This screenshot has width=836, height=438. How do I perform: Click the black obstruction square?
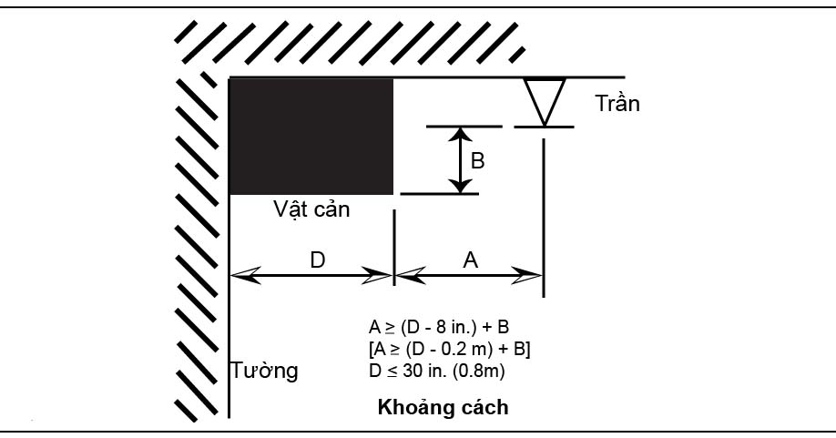311,137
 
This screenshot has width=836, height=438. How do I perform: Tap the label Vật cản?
312,209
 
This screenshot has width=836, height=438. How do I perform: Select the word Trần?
617,103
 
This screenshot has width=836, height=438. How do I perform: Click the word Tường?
264,372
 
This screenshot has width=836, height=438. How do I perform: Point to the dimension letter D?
317,260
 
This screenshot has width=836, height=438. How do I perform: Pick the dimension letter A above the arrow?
471,260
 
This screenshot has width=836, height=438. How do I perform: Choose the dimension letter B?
477,161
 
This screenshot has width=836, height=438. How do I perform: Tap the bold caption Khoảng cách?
443,407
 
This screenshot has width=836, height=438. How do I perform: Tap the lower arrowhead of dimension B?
463,186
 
